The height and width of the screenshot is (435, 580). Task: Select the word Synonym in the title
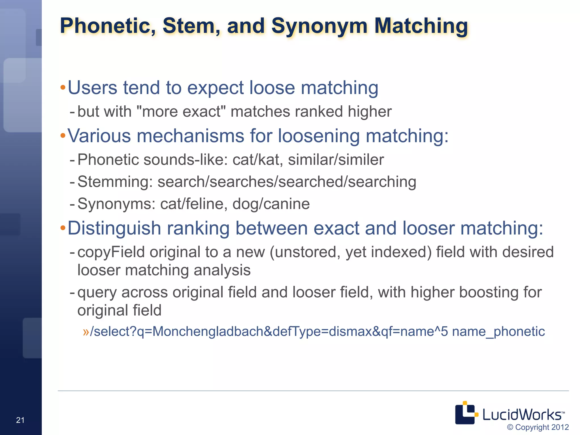319,26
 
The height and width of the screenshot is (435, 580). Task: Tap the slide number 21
20,420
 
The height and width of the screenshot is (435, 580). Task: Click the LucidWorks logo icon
466,413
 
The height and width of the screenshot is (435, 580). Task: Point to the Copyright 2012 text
538,427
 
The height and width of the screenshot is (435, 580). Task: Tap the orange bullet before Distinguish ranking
63,228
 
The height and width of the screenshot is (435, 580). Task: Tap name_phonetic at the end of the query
498,331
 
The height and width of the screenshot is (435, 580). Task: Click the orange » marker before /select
86,332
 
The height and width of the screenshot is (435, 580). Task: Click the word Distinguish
114,228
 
